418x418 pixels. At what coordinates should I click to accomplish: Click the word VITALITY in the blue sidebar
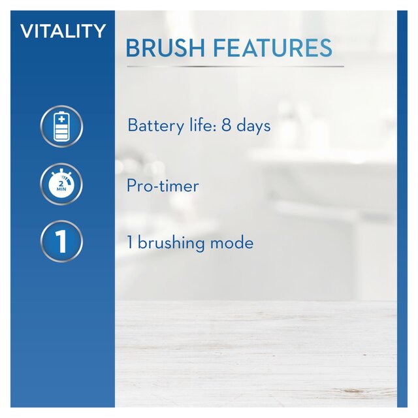pyautogui.click(x=63, y=31)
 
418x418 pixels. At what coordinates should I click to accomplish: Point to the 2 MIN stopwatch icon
pyautogui.click(x=62, y=184)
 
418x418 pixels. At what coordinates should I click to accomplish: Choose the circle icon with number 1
pyautogui.click(x=62, y=242)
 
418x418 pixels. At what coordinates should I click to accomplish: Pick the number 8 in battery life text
pyautogui.click(x=227, y=126)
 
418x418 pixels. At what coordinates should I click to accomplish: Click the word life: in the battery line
pyautogui.click(x=198, y=126)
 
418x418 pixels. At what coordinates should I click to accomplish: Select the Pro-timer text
pyautogui.click(x=163, y=186)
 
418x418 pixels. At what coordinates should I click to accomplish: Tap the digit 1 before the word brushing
pyautogui.click(x=130, y=244)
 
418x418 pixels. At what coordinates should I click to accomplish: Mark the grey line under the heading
pyautogui.click(x=235, y=66)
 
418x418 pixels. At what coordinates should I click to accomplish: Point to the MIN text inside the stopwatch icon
pyautogui.click(x=62, y=191)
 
